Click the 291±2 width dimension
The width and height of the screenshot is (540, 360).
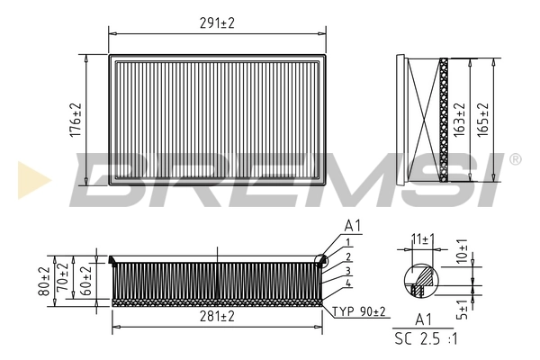216,24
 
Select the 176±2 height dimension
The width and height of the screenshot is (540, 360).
76,119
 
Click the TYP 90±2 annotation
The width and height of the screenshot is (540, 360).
359,311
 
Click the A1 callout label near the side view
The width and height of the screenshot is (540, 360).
352,226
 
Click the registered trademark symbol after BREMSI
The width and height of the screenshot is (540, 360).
515,159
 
